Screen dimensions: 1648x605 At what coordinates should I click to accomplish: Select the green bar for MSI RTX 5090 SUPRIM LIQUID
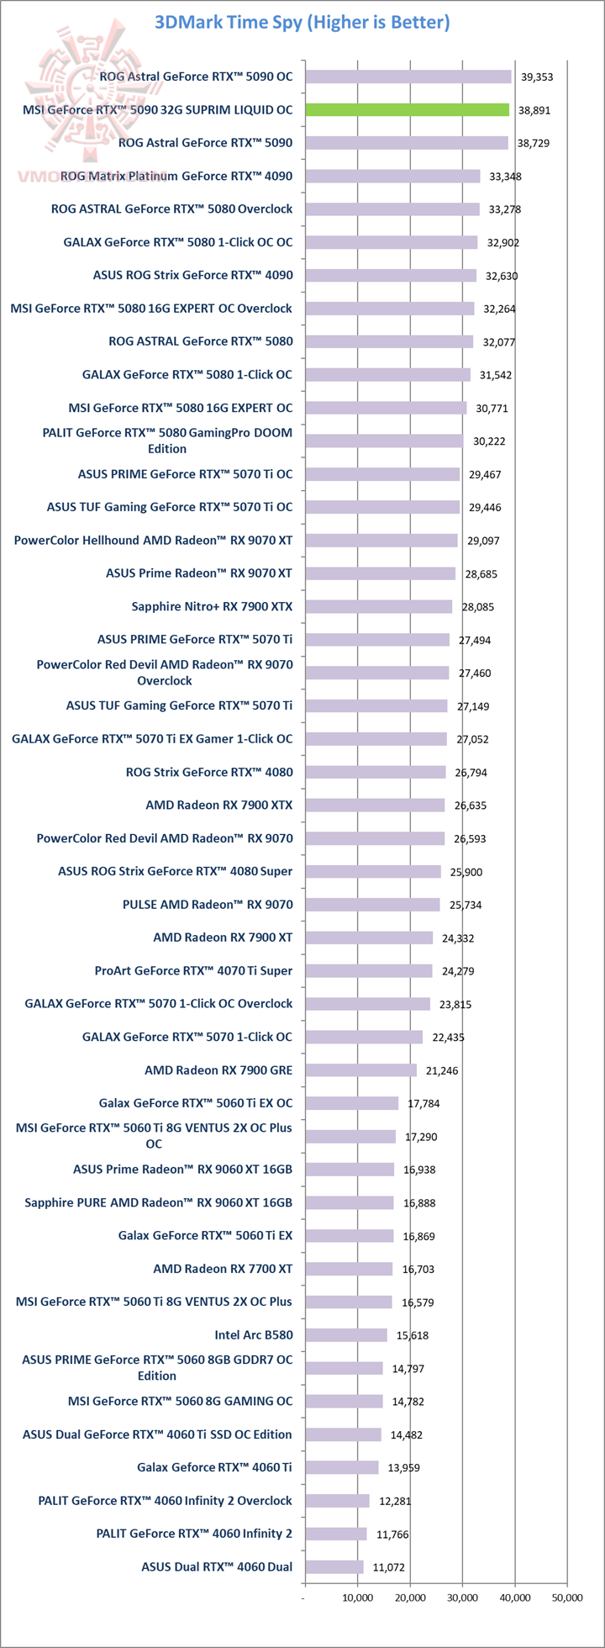click(408, 109)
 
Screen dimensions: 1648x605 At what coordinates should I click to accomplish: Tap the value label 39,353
click(536, 77)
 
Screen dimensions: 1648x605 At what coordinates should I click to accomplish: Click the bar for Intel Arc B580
click(346, 1334)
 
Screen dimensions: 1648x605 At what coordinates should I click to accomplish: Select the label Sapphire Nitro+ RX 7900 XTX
click(212, 606)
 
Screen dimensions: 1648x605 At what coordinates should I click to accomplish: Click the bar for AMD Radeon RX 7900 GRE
click(360, 1070)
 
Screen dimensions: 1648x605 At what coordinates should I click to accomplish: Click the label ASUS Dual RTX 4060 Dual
click(217, 1566)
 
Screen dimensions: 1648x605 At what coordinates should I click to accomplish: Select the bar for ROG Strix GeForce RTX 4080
click(376, 772)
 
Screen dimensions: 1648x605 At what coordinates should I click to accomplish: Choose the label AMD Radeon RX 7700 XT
click(223, 1268)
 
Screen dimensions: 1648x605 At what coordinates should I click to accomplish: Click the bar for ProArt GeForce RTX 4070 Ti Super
click(369, 970)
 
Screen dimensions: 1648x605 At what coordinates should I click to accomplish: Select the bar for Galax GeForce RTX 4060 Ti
click(342, 1467)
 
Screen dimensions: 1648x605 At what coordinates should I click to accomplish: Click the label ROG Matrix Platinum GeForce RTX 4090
click(176, 176)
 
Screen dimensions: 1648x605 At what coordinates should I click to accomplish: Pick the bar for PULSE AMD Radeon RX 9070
click(372, 905)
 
